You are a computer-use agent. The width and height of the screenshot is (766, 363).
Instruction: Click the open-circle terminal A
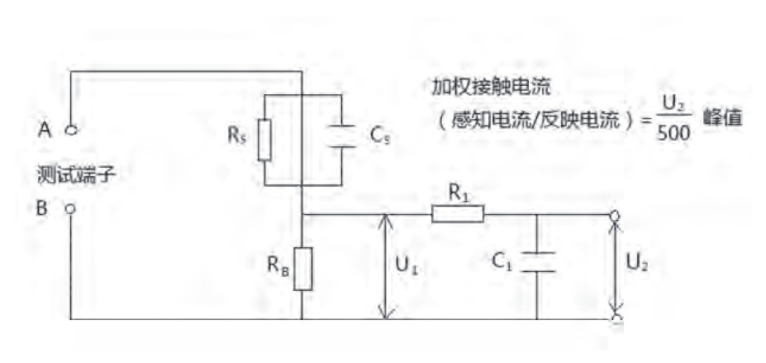point(71,129)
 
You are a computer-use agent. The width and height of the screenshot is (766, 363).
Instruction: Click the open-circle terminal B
point(70,209)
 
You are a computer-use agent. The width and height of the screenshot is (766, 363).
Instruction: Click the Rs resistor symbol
point(264,139)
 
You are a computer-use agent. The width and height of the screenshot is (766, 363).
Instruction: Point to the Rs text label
point(236,136)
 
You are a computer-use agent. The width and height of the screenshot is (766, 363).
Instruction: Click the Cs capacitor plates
point(340,136)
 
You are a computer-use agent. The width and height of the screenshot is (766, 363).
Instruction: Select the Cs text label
point(381,137)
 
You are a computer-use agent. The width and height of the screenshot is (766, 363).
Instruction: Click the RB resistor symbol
point(303,268)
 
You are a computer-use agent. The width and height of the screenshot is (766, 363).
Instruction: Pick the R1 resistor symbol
point(457,215)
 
